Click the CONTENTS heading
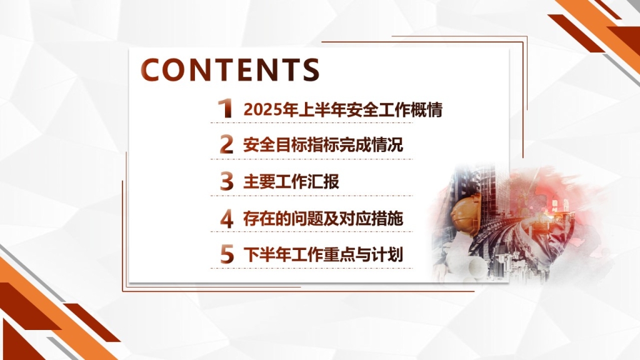(230, 69)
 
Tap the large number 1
(225, 109)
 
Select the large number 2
(226, 144)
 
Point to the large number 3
(226, 181)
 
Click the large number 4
(227, 218)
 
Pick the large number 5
(227, 255)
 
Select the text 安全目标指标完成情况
(323, 145)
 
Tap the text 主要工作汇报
(291, 182)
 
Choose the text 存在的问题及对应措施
(323, 219)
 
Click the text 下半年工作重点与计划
(323, 255)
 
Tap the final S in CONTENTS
(311, 70)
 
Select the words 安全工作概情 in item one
(395, 110)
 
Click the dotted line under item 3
(311, 196)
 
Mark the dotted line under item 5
(311, 269)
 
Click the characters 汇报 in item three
(323, 182)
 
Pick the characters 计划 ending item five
(387, 255)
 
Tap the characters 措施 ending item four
(387, 219)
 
